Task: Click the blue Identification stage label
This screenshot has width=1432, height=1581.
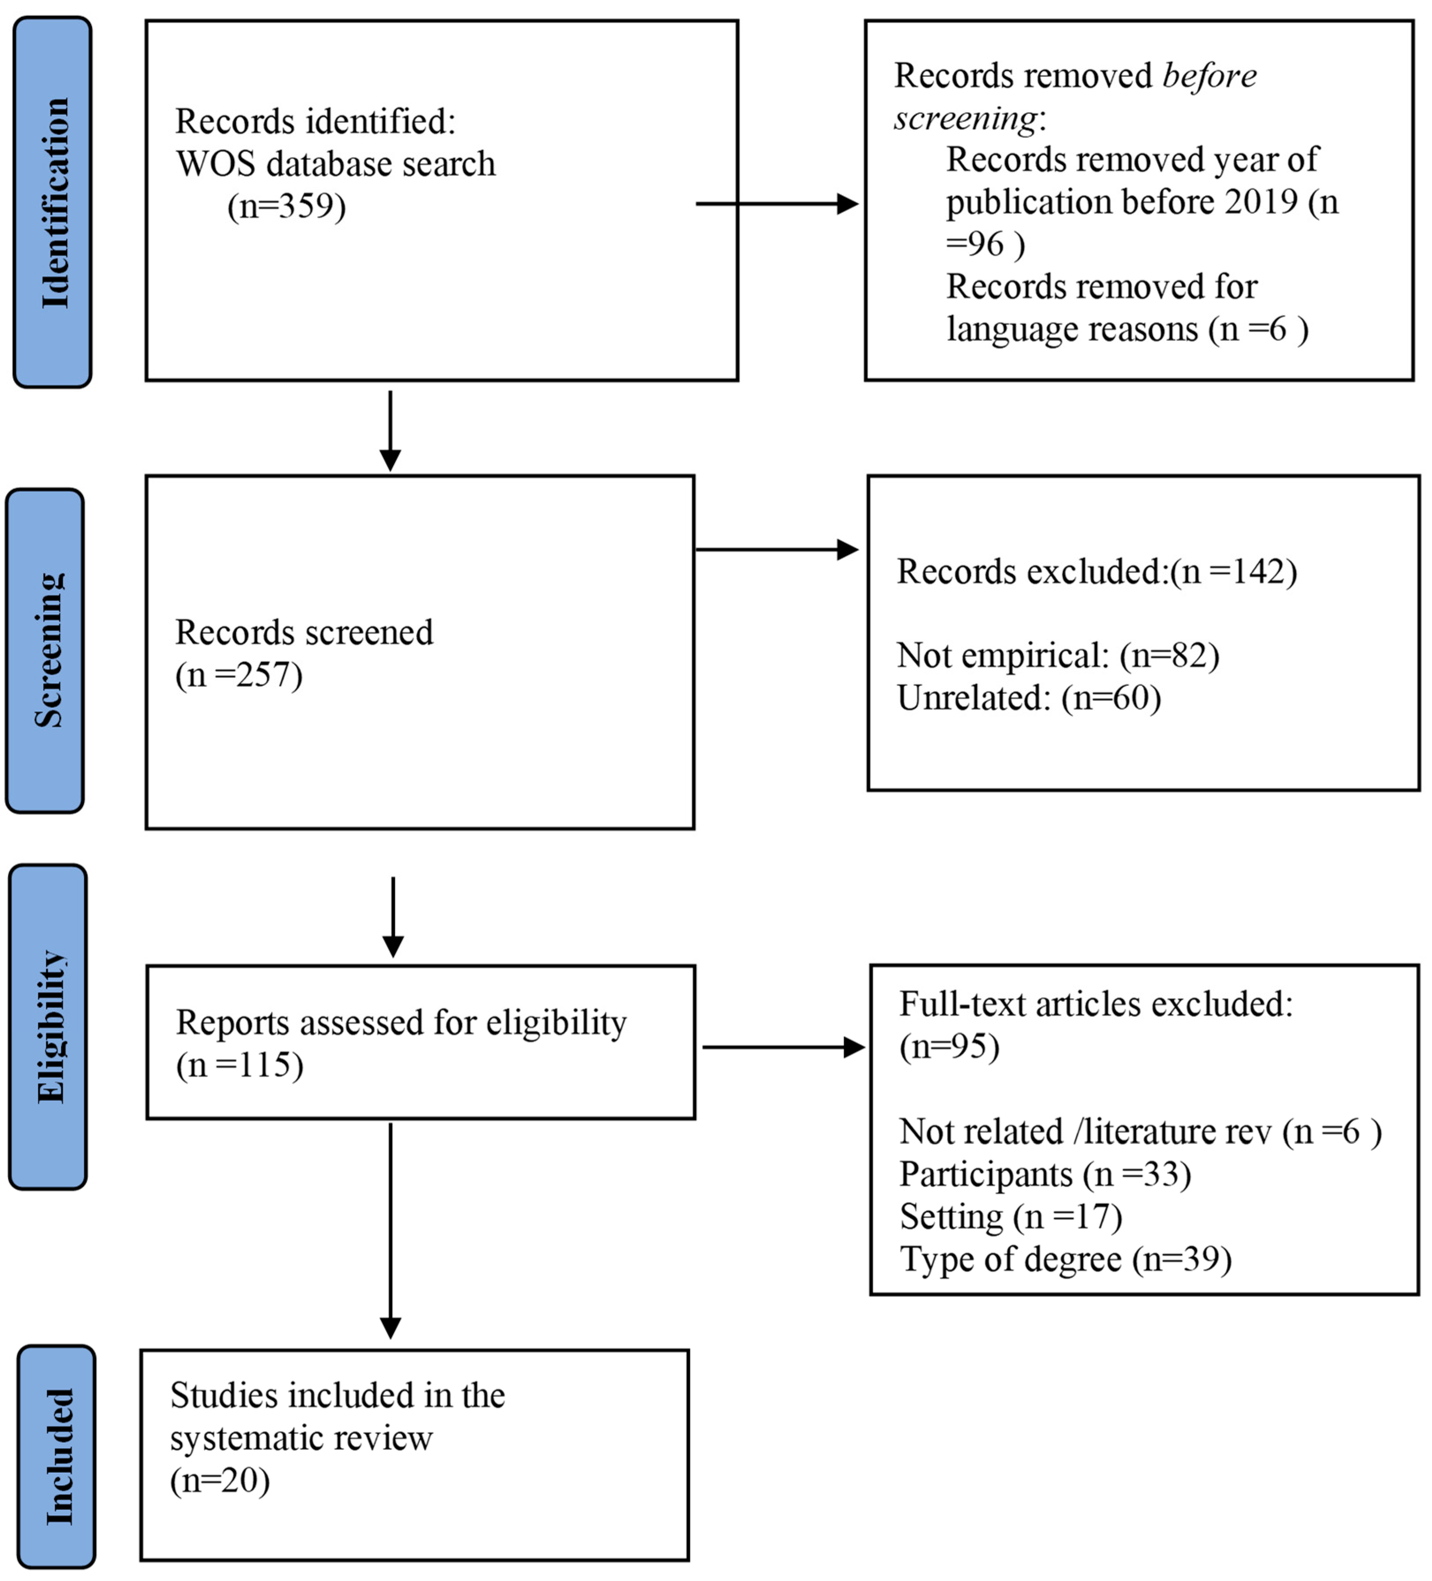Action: [53, 202]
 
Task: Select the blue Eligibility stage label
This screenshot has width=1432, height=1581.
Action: [49, 1027]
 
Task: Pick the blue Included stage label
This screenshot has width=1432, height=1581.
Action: [57, 1456]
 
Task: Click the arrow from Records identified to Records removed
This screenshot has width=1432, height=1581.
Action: [777, 204]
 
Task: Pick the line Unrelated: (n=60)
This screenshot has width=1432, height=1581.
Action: [1028, 697]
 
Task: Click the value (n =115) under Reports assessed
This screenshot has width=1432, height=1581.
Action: [239, 1065]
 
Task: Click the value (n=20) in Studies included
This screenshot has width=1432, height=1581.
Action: [220, 1480]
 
